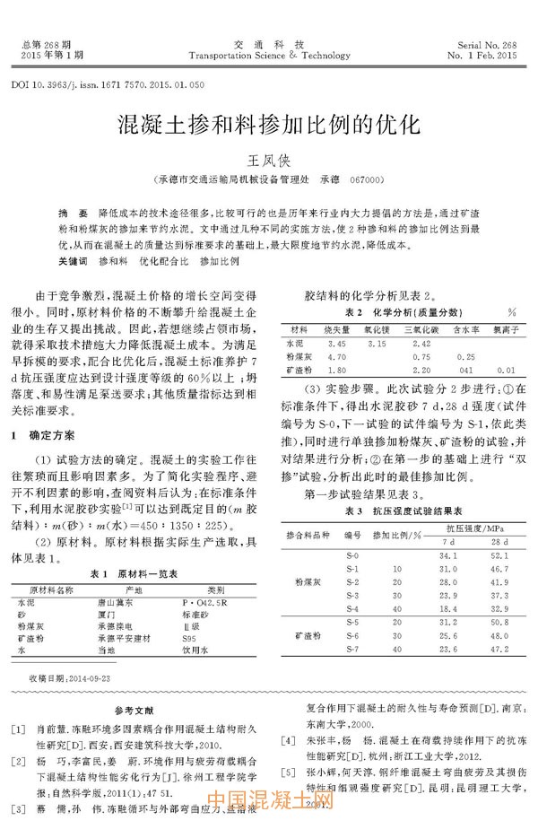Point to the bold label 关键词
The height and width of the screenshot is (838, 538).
[73, 260]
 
